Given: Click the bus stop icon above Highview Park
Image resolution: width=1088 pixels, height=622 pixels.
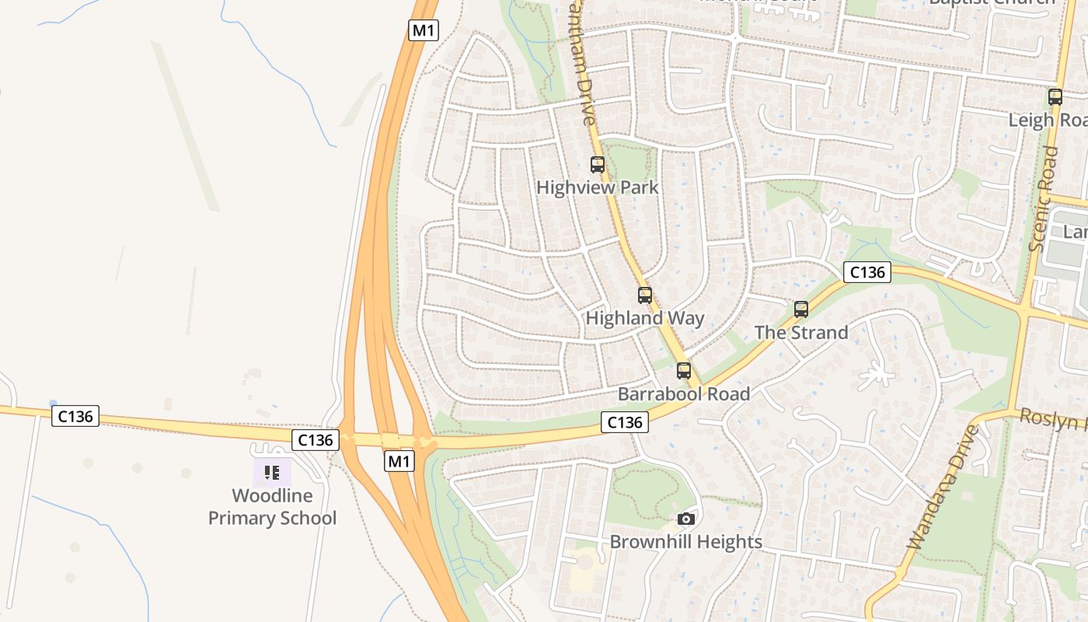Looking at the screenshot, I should [597, 165].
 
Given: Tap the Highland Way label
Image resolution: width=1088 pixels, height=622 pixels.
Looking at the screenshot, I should [644, 318].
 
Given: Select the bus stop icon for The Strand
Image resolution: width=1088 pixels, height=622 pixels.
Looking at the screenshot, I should [801, 309].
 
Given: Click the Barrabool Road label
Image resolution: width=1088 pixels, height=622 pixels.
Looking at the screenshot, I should [684, 393].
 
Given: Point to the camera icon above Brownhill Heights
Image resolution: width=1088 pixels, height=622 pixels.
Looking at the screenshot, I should [685, 519].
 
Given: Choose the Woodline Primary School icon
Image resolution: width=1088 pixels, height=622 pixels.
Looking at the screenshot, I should [272, 472].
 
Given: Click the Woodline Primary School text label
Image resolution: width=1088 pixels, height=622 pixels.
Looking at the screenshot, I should [272, 507].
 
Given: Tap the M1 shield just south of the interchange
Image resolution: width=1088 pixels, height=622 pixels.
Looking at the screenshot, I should [399, 461].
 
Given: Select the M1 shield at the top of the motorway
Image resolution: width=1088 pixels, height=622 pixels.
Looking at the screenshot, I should [424, 30].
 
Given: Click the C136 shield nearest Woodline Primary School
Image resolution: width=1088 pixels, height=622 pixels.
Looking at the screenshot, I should [316, 440].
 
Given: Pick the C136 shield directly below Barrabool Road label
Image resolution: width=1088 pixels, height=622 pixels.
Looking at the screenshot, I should [625, 422].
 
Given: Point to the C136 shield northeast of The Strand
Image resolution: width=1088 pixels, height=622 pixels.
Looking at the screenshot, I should [867, 272].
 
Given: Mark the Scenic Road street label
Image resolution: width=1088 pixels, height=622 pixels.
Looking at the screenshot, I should [1043, 199].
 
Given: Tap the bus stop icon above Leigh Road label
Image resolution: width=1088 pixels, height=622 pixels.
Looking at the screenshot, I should [1055, 97].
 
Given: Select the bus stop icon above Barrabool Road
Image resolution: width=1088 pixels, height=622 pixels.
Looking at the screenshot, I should [684, 371].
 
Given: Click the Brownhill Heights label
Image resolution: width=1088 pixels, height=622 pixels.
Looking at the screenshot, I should [685, 541].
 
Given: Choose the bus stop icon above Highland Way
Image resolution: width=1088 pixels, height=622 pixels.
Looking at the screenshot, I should [645, 295].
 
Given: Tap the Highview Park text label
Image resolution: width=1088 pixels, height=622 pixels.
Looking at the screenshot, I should [597, 187].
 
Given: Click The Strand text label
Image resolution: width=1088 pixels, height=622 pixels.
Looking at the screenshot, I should [801, 332].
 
